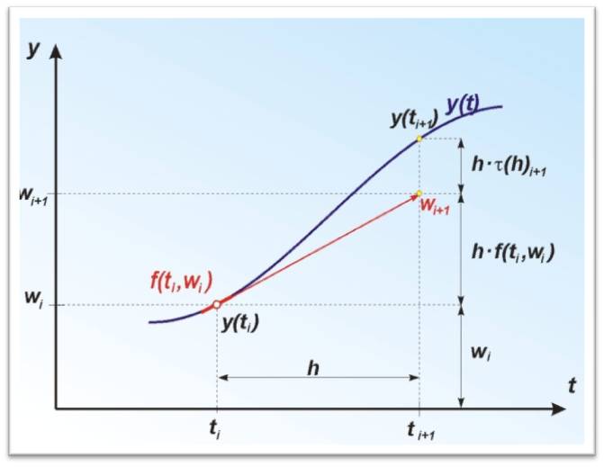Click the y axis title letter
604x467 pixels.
point(33,49)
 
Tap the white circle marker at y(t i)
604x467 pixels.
point(217,305)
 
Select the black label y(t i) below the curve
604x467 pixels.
point(240,324)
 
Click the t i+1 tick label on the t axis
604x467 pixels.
point(419,431)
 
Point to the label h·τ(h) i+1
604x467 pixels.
point(510,165)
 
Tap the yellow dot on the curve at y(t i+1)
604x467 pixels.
point(419,139)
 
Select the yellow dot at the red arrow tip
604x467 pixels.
point(419,193)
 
